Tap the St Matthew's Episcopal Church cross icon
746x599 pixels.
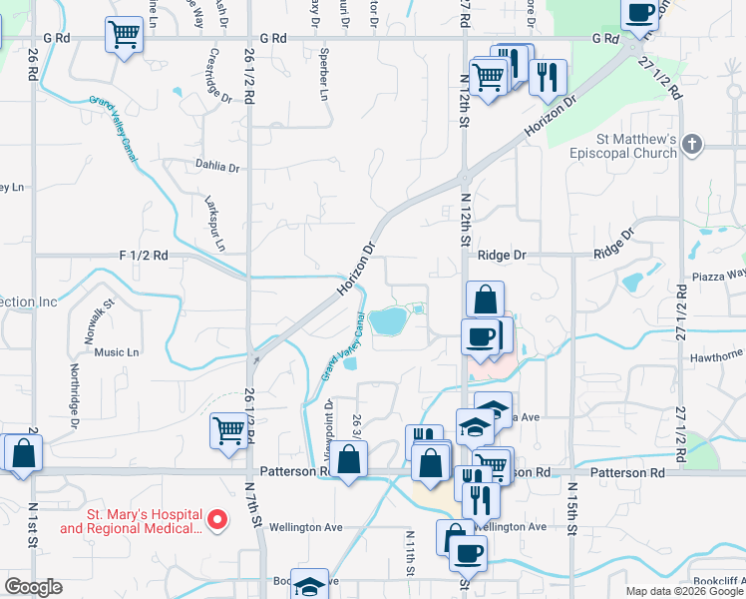coord(695,146)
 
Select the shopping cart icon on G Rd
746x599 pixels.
coord(125,37)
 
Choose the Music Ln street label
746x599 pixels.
coord(117,352)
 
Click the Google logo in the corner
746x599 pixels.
coord(33,587)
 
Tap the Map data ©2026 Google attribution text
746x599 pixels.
coord(684,591)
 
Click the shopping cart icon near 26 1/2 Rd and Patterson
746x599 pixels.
coord(228,432)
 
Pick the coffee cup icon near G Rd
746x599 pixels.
coord(639,13)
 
